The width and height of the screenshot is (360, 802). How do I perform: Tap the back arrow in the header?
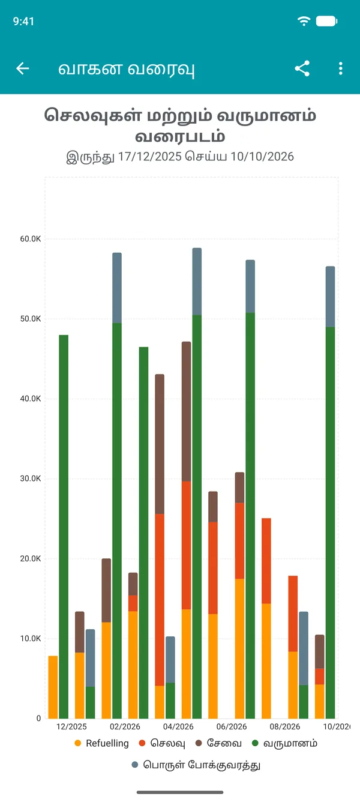[x=23, y=68]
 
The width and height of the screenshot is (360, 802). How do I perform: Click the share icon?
[x=302, y=68]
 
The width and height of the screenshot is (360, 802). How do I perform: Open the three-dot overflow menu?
[x=340, y=68]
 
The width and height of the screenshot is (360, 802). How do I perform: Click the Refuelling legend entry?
[x=101, y=743]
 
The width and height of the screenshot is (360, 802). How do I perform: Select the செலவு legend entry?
[x=162, y=743]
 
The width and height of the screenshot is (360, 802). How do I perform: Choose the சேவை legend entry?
[x=218, y=743]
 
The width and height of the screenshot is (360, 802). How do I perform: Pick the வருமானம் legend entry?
[x=284, y=743]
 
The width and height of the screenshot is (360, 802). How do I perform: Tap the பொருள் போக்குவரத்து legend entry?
[x=196, y=765]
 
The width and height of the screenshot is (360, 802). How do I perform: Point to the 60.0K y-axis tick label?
[x=31, y=239]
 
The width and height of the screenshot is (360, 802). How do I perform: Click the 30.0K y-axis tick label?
[x=31, y=478]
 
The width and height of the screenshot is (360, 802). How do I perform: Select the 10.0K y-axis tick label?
[x=31, y=638]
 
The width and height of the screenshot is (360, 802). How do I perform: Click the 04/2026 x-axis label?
[x=178, y=726]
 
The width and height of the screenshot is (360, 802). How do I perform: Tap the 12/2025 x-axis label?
[x=71, y=726]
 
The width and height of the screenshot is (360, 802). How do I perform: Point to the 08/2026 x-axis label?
[x=285, y=726]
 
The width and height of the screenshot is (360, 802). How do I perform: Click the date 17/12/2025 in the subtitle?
[x=149, y=157]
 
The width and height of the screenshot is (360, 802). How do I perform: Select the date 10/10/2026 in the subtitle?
[x=262, y=157]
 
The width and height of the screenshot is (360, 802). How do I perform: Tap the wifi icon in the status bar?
[x=304, y=21]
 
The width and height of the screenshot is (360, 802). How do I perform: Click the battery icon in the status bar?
[x=326, y=21]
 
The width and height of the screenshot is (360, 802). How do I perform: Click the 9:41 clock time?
[x=23, y=22]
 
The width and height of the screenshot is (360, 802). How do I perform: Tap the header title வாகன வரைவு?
[x=127, y=68]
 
